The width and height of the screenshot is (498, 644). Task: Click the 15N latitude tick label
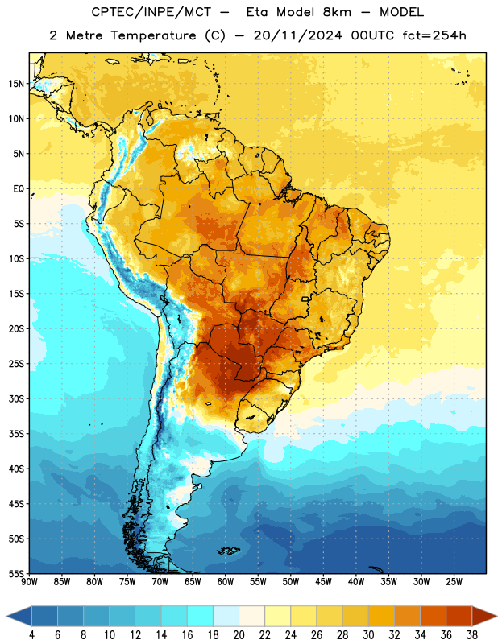click(x=16, y=84)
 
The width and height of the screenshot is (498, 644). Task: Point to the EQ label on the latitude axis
click(x=19, y=189)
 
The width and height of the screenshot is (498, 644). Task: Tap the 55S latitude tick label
click(x=16, y=573)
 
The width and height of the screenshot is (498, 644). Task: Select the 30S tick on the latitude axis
click(x=16, y=398)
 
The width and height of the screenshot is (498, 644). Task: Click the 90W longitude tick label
click(x=29, y=582)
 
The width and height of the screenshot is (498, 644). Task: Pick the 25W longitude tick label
click(x=454, y=582)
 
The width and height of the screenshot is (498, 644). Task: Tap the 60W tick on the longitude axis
click(x=226, y=582)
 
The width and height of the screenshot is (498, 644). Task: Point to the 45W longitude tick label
click(x=324, y=582)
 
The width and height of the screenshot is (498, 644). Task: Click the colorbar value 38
click(x=472, y=635)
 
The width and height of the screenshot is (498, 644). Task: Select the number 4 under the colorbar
click(x=32, y=635)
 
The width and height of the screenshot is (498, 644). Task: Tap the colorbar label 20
click(x=239, y=635)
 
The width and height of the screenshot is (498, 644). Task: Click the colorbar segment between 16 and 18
click(x=201, y=616)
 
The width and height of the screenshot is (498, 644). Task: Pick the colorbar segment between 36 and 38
click(x=459, y=616)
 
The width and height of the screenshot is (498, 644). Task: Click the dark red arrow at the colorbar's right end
click(x=483, y=616)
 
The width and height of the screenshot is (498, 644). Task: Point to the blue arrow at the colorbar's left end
click(x=19, y=616)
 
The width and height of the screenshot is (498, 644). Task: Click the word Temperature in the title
click(x=152, y=35)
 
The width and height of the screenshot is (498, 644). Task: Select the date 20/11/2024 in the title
click(x=298, y=35)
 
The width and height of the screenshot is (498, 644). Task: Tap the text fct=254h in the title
click(x=434, y=35)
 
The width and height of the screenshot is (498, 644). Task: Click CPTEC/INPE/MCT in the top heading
click(x=151, y=12)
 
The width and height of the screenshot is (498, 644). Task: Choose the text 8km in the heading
click(x=337, y=12)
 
